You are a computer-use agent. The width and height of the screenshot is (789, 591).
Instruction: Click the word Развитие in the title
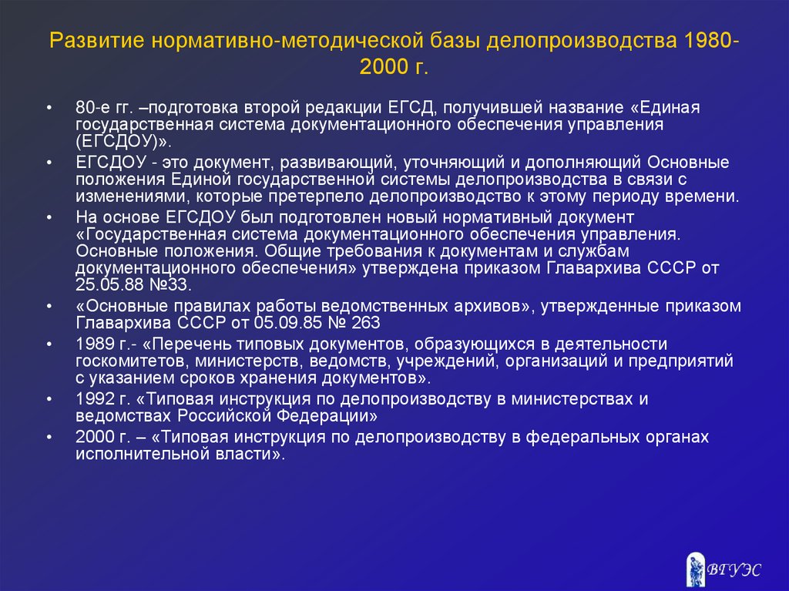(x=97, y=41)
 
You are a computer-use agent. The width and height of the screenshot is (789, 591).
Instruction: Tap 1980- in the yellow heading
(x=711, y=40)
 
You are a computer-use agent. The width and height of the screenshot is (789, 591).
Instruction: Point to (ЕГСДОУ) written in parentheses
(x=118, y=142)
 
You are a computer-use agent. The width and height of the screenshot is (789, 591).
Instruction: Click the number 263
(x=366, y=322)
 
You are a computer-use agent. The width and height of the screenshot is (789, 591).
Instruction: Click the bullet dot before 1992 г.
(x=49, y=398)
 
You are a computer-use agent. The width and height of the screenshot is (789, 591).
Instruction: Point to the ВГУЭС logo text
(x=734, y=569)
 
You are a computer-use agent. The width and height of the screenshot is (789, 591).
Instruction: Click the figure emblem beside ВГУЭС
(x=696, y=569)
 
